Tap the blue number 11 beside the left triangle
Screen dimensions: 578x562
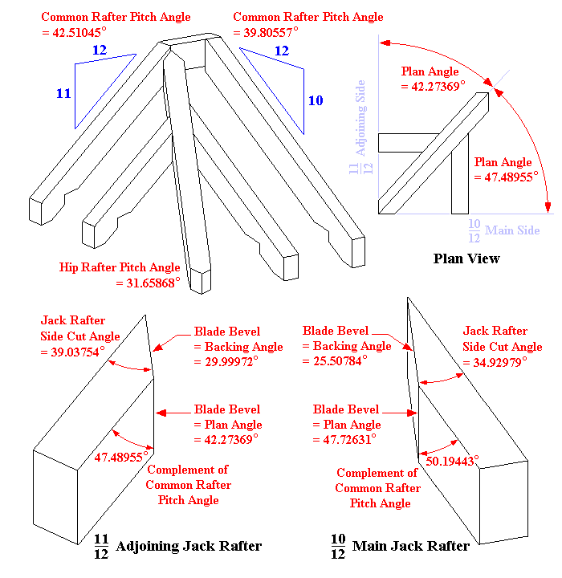[63, 94]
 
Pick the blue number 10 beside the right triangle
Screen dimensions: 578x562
[316, 100]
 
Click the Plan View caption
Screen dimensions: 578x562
[466, 258]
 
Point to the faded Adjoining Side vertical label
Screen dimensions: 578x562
[361, 117]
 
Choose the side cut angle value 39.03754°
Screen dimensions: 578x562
[74, 352]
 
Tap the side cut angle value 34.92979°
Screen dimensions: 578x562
[500, 362]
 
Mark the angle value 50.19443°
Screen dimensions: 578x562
[451, 461]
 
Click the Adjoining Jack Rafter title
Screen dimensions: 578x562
[189, 547]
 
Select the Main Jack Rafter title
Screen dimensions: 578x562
[411, 547]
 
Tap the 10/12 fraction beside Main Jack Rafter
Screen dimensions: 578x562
[338, 547]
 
